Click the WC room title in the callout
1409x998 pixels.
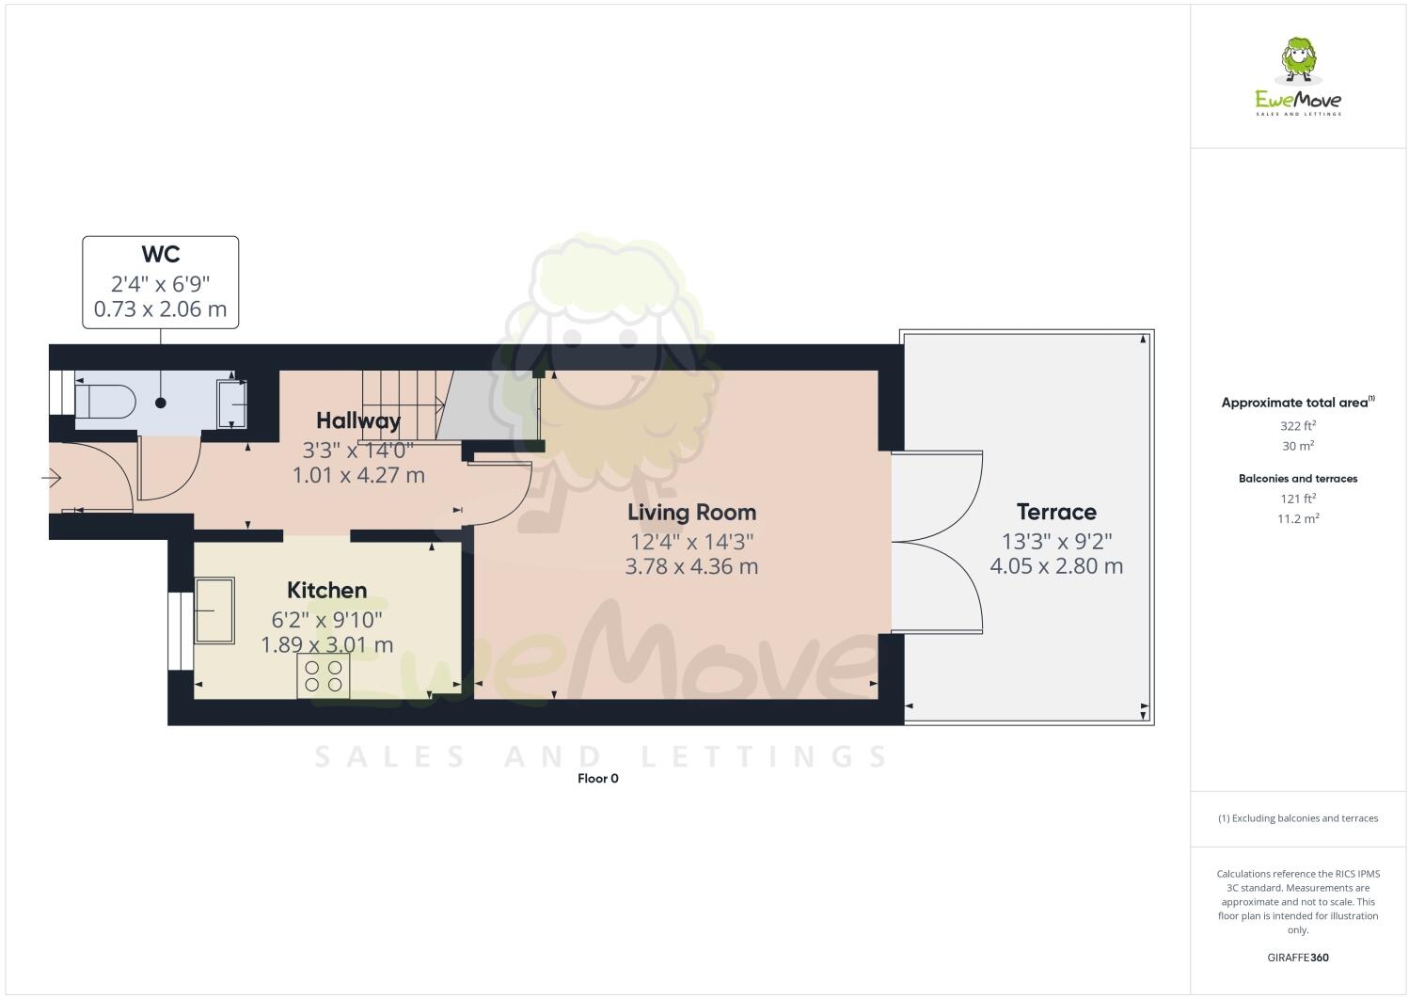pyautogui.click(x=160, y=254)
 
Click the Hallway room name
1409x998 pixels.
pyautogui.click(x=358, y=420)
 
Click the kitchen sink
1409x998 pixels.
pyautogui.click(x=214, y=610)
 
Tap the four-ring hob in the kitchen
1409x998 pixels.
pyautogui.click(x=324, y=675)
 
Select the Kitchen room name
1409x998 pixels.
pyautogui.click(x=326, y=591)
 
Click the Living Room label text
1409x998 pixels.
pyautogui.click(x=691, y=513)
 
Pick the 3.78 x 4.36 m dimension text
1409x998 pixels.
pyautogui.click(x=691, y=566)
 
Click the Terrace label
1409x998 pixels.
pyautogui.click(x=1056, y=513)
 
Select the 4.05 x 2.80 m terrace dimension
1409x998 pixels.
pyautogui.click(x=1056, y=566)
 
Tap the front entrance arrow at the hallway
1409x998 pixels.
pyautogui.click(x=52, y=480)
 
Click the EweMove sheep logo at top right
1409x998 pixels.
pyautogui.click(x=1299, y=62)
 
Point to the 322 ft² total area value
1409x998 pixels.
pyautogui.click(x=1298, y=425)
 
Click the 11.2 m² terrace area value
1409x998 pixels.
pyautogui.click(x=1298, y=518)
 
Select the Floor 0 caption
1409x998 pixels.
pyautogui.click(x=597, y=779)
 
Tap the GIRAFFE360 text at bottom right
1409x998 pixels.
pyautogui.click(x=1298, y=958)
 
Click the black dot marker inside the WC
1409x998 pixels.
pyautogui.click(x=161, y=403)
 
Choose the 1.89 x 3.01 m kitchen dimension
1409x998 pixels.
pyautogui.click(x=326, y=645)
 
